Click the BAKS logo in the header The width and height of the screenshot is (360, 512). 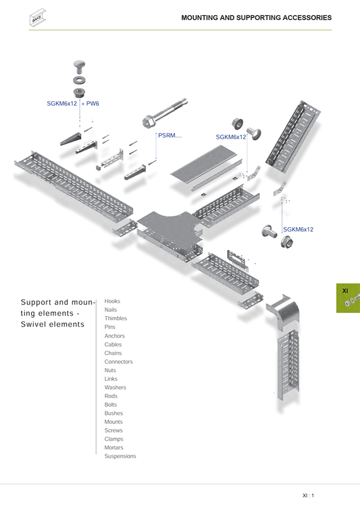pyautogui.click(x=37, y=18)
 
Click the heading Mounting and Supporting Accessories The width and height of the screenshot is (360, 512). pyautogui.click(x=256, y=18)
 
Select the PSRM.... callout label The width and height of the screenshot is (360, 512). pyautogui.click(x=170, y=136)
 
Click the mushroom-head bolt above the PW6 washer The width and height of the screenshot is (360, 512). pyautogui.click(x=79, y=65)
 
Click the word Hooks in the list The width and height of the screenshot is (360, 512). pyautogui.click(x=112, y=302)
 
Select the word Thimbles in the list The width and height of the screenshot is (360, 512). pyautogui.click(x=116, y=319)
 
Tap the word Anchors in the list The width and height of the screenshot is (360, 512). pyautogui.click(x=115, y=336)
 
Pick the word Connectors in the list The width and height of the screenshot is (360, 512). pyautogui.click(x=119, y=362)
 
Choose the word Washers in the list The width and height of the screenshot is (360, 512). pyautogui.click(x=115, y=388)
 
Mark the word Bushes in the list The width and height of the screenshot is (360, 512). pyautogui.click(x=114, y=413)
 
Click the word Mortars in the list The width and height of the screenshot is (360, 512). pyautogui.click(x=114, y=448)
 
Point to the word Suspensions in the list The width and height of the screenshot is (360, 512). pyautogui.click(x=120, y=456)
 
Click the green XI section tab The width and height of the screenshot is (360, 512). pyautogui.click(x=348, y=298)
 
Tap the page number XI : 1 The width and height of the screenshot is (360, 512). pyautogui.click(x=308, y=496)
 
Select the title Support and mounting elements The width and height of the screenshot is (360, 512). pyautogui.click(x=57, y=313)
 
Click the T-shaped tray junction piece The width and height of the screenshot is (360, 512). pyautogui.click(x=169, y=230)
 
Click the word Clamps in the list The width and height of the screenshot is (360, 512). pyautogui.click(x=113, y=439)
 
